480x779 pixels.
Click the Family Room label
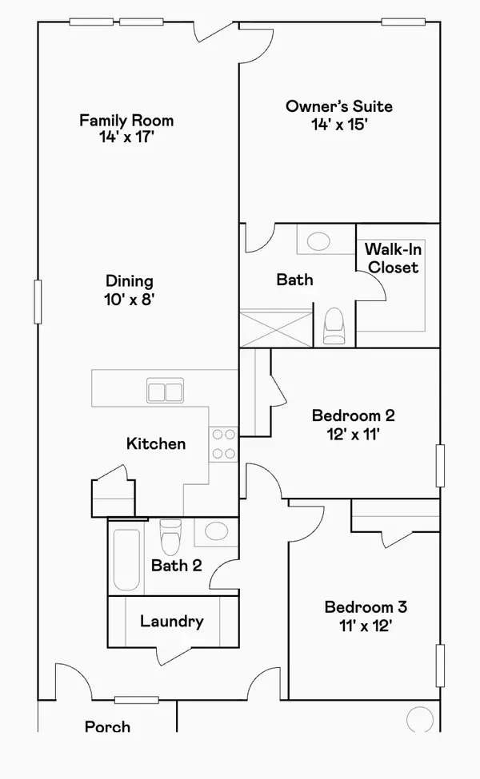(x=126, y=121)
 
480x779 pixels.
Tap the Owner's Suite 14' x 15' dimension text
(x=328, y=125)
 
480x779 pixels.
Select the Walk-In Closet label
(x=393, y=258)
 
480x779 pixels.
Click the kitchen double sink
(x=166, y=391)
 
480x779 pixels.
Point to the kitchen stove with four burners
(x=223, y=444)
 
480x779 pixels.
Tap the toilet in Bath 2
(x=170, y=537)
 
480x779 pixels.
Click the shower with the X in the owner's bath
(x=275, y=328)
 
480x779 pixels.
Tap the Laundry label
(x=171, y=622)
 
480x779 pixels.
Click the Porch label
(x=107, y=726)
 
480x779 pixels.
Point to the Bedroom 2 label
(x=353, y=415)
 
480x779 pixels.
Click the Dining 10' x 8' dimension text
(x=130, y=300)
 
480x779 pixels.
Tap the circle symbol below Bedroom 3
(x=419, y=719)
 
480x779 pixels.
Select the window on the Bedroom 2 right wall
(x=439, y=465)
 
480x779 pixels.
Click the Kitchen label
(x=156, y=443)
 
